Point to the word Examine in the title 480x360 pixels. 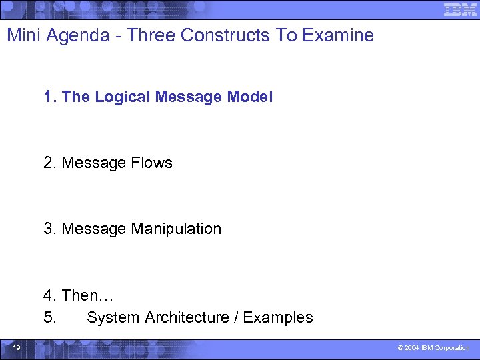coord(338,35)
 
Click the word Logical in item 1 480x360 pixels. coord(123,97)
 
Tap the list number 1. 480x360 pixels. coord(49,97)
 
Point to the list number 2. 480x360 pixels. coord(49,163)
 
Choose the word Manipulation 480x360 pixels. coord(176,229)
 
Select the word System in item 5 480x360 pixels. coord(111,317)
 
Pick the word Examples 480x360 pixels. coord(278,317)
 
